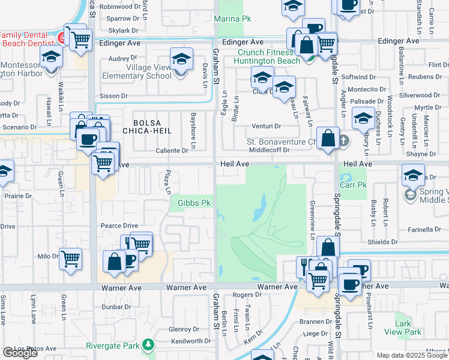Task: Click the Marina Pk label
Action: [233, 19]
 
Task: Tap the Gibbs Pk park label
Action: [194, 203]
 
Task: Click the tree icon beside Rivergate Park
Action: [146, 345]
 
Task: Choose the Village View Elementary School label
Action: [137, 72]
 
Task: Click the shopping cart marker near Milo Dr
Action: [71, 259]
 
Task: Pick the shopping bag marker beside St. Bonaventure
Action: [328, 138]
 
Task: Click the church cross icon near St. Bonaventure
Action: [343, 142]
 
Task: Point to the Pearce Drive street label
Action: [119, 226]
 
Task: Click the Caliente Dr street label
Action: [172, 151]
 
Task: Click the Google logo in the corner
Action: [20, 353]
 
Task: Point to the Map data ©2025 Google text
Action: [411, 355]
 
